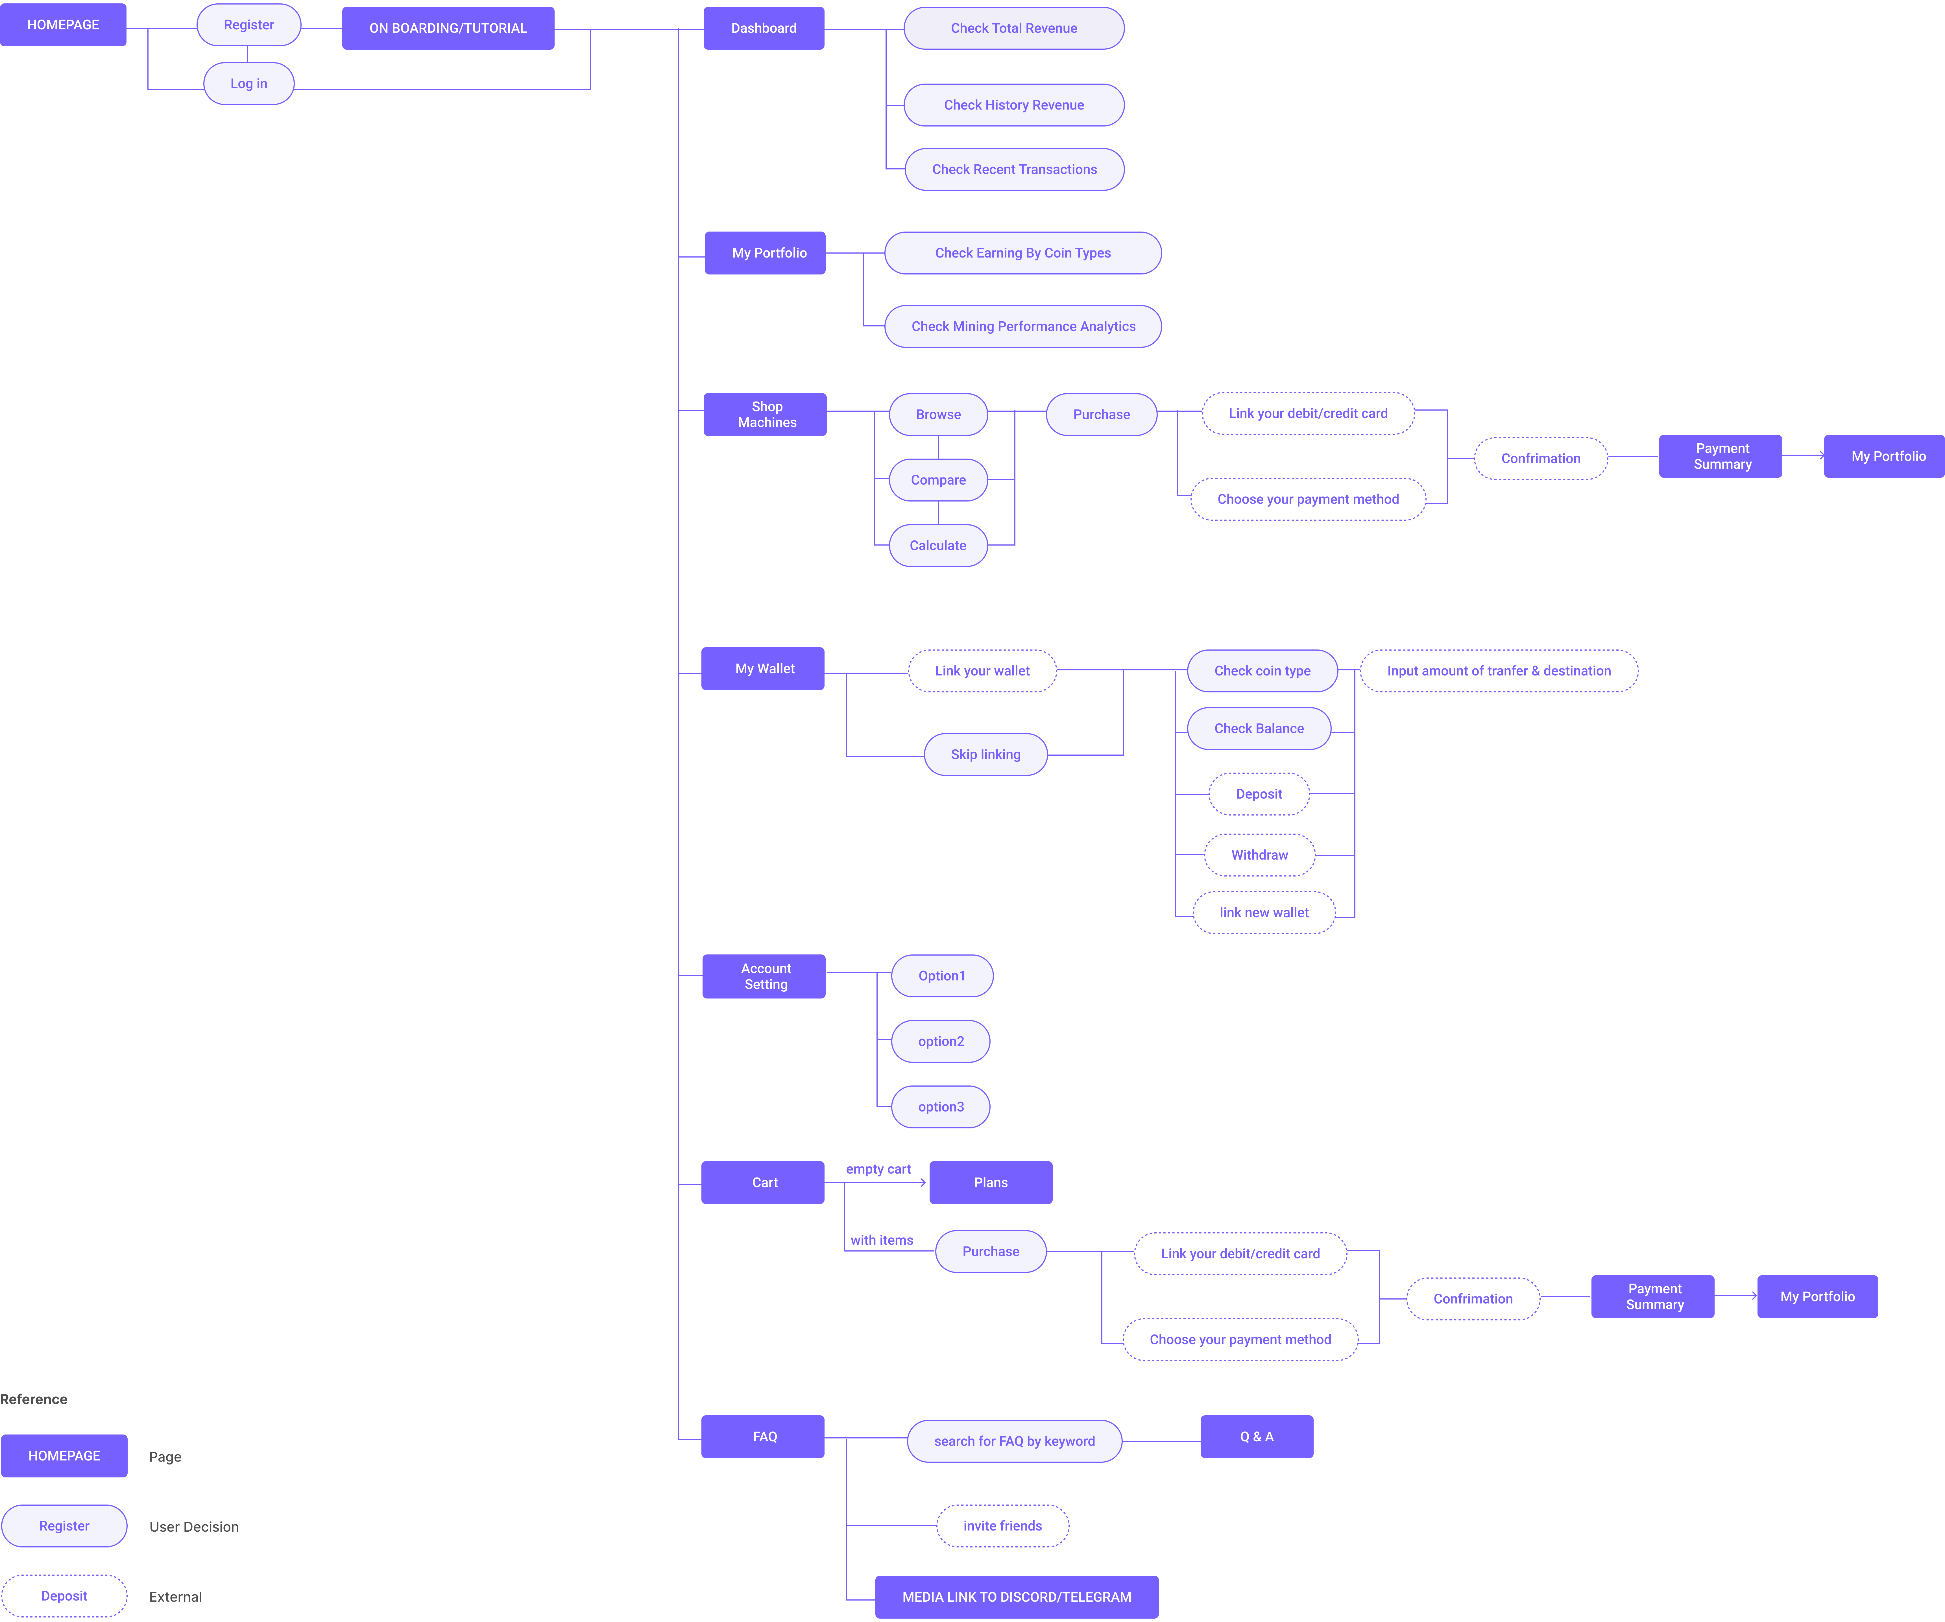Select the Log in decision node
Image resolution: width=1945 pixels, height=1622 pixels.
[x=248, y=83]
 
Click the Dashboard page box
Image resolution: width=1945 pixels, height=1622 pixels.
[x=763, y=28]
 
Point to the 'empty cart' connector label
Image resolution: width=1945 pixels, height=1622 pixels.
[x=878, y=1169]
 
